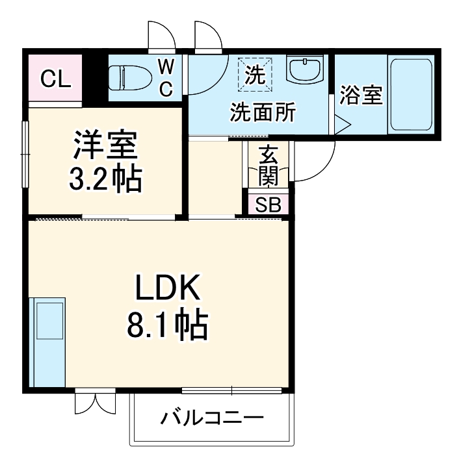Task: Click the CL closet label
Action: tap(55, 79)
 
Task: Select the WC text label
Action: tap(166, 78)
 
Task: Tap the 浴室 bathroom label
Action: tap(361, 95)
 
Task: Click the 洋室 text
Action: tap(105, 147)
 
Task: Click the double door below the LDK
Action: tap(95, 402)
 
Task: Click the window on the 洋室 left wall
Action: tap(25, 153)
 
